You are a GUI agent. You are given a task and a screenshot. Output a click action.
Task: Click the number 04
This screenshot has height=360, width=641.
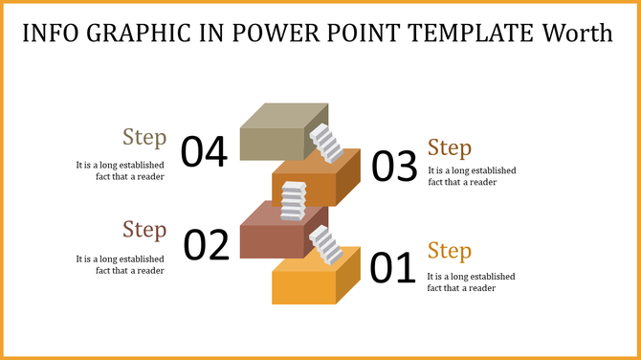click(204, 152)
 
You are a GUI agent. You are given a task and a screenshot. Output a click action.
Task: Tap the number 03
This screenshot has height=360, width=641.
click(394, 168)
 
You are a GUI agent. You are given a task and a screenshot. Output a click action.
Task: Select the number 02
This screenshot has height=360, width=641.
click(207, 245)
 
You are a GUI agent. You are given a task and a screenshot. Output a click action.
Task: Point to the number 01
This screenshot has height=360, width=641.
click(392, 268)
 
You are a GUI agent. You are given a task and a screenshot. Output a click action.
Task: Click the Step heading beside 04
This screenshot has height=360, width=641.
click(144, 137)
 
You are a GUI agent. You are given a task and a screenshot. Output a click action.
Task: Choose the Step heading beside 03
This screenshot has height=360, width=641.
click(450, 148)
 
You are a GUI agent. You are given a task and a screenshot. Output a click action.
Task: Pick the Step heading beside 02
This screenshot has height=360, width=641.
click(144, 230)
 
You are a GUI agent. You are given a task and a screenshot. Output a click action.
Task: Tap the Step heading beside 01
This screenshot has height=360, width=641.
click(450, 251)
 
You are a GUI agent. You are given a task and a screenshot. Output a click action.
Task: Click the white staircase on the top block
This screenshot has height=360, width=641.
click(328, 144)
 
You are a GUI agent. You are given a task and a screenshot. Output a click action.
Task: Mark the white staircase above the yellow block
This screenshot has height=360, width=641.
click(326, 245)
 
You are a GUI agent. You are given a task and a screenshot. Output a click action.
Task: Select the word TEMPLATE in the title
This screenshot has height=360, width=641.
click(465, 34)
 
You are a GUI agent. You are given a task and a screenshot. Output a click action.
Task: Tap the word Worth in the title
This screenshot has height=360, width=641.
click(576, 34)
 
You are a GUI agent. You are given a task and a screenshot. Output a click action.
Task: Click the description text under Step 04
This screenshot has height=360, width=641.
click(121, 170)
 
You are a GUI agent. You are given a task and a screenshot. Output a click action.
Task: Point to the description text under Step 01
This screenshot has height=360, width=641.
click(472, 281)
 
